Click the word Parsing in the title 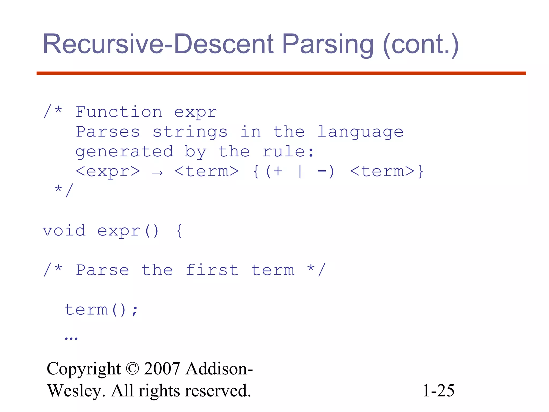[x=328, y=44]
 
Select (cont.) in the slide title [x=421, y=45]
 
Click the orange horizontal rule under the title [x=281, y=73]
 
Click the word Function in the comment [x=119, y=112]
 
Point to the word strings [x=190, y=132]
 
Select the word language [x=360, y=132]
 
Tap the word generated [x=124, y=152]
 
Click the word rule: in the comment [x=288, y=152]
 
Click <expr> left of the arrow [x=108, y=171]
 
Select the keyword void [x=64, y=230]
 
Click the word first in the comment [x=212, y=270]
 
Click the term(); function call [x=101, y=310]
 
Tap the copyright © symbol [x=132, y=369]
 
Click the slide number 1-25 [x=438, y=391]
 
